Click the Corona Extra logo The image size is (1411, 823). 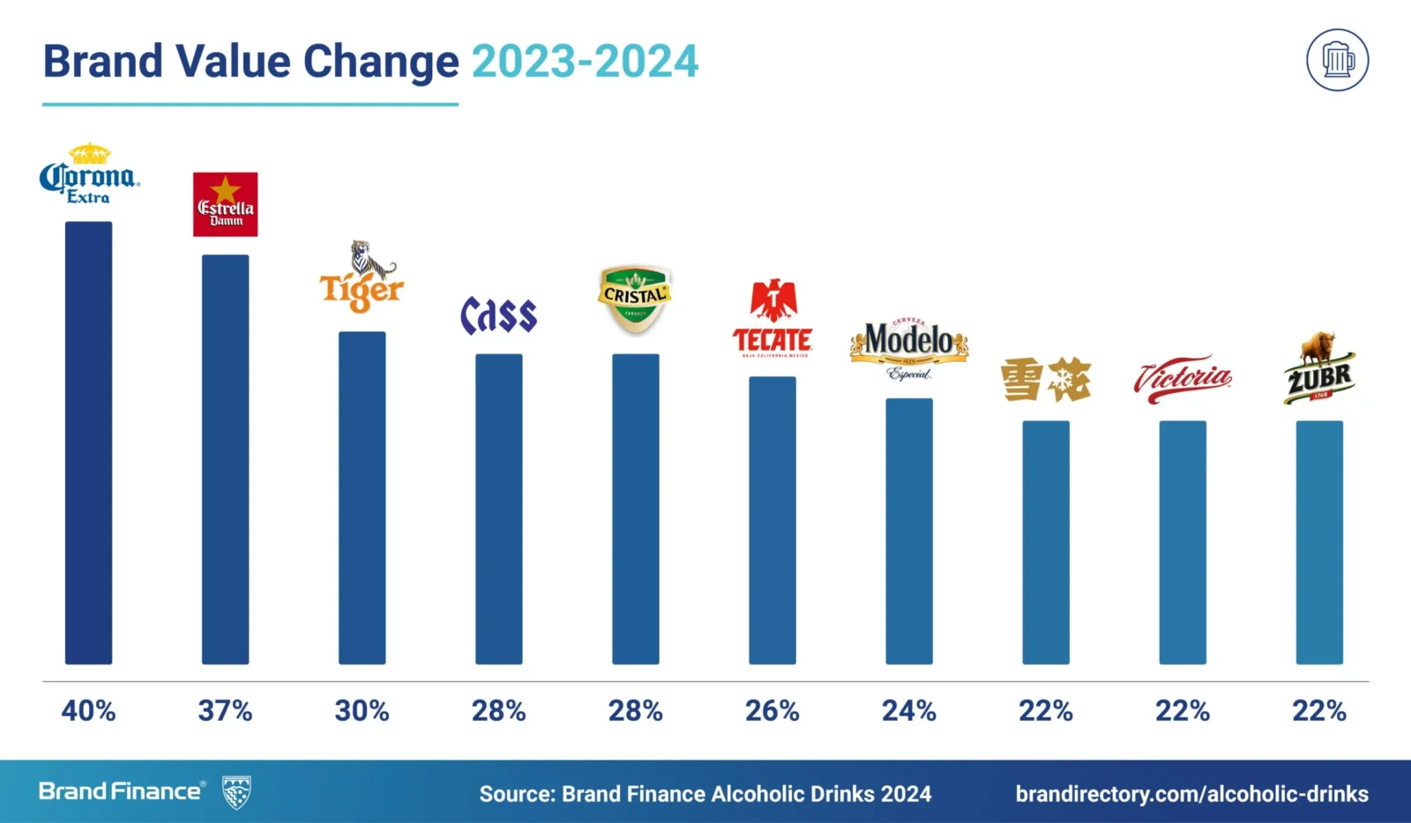click(89, 174)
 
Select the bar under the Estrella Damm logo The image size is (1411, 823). click(225, 458)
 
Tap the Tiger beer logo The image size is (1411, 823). click(361, 278)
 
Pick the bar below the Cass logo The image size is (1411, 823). click(498, 508)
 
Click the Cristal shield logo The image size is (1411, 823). click(635, 299)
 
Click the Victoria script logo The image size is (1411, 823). click(1183, 380)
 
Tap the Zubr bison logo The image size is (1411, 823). click(1319, 369)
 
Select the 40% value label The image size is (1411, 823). click(88, 710)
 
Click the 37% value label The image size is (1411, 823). click(225, 710)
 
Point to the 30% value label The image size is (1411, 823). click(362, 710)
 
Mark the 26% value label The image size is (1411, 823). click(772, 710)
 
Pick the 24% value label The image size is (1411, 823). click(908, 710)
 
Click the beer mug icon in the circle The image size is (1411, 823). click(1337, 60)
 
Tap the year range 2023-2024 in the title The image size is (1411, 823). click(585, 62)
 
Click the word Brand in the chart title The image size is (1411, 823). click(103, 62)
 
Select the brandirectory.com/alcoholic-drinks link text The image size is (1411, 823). click(1191, 794)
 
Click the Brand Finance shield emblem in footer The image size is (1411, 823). click(236, 792)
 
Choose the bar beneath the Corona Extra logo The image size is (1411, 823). click(88, 442)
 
